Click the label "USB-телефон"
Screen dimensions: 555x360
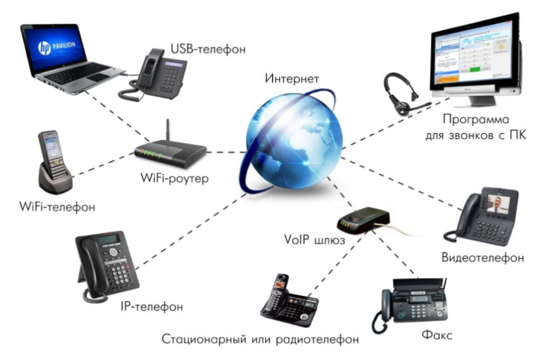coord(208,49)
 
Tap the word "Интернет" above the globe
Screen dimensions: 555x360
coord(292,78)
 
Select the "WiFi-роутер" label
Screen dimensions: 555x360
coord(175,178)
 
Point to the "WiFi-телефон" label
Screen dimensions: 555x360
coord(57,207)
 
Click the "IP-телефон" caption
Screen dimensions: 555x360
coord(152,306)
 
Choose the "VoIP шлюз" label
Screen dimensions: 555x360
coord(314,240)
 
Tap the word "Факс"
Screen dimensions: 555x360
coord(437,335)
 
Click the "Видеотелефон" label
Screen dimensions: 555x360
coord(483,257)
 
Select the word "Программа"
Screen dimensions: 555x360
coord(475,120)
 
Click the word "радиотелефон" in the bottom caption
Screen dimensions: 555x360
coord(317,339)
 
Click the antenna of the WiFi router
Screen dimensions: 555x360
coord(168,130)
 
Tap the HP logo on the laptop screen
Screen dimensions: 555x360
coord(44,48)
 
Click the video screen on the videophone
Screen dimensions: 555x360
coord(498,204)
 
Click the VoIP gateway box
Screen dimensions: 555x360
coord(363,219)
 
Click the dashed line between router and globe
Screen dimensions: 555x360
coord(226,152)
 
